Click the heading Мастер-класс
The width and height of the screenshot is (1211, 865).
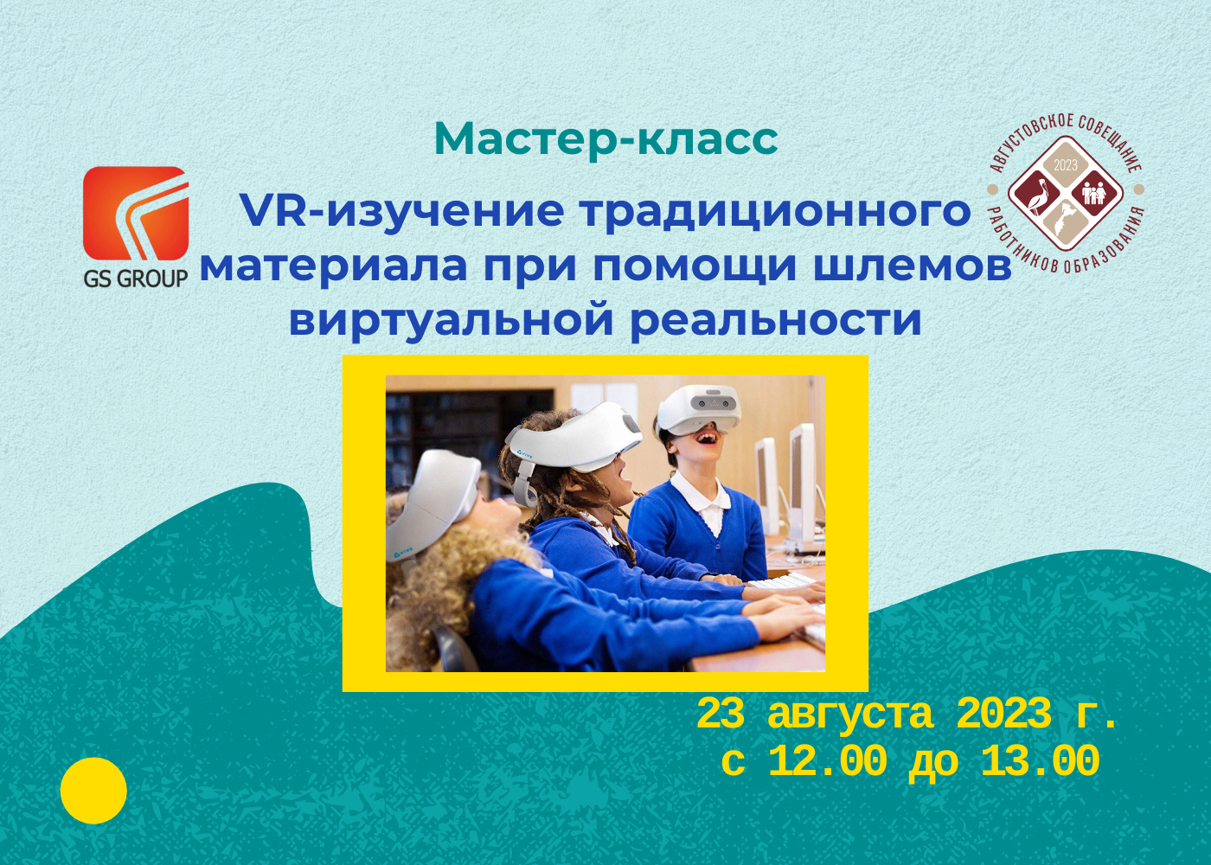click(605, 138)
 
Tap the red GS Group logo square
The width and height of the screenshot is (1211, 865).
click(136, 213)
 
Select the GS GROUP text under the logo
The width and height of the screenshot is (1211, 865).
click(136, 279)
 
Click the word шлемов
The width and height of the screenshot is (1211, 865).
click(913, 266)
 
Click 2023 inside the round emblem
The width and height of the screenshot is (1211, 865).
click(1066, 165)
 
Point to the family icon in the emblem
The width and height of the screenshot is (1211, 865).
click(1094, 191)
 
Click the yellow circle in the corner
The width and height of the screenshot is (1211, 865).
click(93, 791)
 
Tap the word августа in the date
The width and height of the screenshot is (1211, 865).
click(849, 714)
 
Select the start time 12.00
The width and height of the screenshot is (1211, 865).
click(827, 762)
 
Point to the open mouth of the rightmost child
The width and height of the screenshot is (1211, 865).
click(708, 437)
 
